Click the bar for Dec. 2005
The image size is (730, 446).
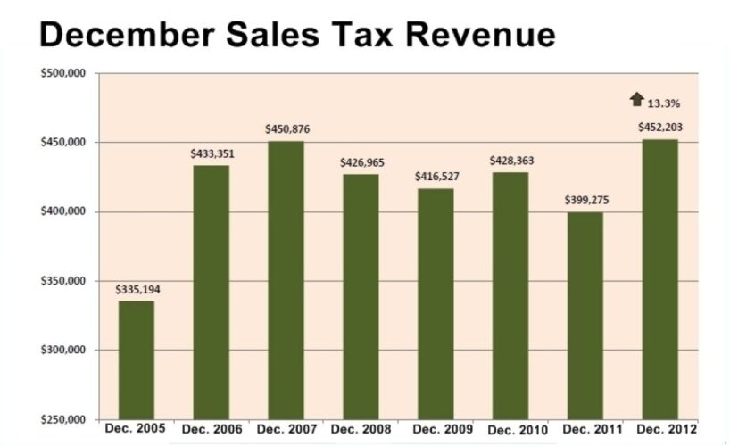[136, 359]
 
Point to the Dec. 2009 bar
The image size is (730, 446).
[436, 303]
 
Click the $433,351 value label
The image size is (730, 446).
[212, 153]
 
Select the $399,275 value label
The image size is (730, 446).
[585, 202]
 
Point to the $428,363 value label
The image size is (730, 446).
[510, 161]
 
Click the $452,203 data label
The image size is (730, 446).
[660, 127]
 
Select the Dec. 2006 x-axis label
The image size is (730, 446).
[212, 430]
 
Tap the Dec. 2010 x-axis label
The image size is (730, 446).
[510, 430]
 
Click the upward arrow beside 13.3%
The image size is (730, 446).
[636, 99]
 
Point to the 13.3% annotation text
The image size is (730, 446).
[662, 103]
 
